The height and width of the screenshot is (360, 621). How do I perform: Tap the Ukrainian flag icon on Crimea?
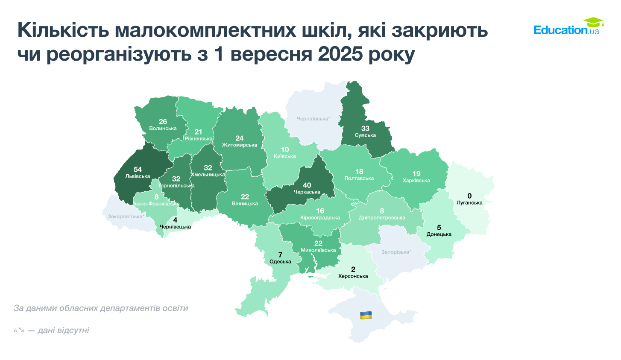(x=366, y=315)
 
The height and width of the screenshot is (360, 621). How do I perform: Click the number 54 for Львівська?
(x=138, y=170)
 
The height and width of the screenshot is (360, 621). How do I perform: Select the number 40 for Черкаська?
(x=307, y=185)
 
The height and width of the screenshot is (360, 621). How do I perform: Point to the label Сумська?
(x=365, y=135)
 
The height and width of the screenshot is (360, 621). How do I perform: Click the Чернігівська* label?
(x=313, y=118)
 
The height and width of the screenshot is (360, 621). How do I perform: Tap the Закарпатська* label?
(x=126, y=217)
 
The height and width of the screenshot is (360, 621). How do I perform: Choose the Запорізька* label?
(x=396, y=252)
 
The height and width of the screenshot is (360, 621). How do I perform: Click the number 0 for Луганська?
(x=469, y=196)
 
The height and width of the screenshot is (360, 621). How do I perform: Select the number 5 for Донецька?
(x=439, y=228)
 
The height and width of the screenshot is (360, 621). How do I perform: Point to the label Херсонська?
(x=353, y=276)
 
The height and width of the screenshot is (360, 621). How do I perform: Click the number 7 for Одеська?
(x=280, y=255)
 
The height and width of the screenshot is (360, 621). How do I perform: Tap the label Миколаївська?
(x=318, y=250)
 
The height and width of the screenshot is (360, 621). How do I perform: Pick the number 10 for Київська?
(x=285, y=149)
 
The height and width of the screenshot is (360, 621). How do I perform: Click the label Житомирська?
(x=240, y=145)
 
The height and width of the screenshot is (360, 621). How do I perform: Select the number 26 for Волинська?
(x=163, y=122)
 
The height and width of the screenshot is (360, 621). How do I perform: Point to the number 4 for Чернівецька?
(x=175, y=220)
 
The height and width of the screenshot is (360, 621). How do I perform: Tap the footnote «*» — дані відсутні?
(x=51, y=330)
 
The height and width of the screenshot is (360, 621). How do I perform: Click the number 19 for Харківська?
(x=416, y=174)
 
